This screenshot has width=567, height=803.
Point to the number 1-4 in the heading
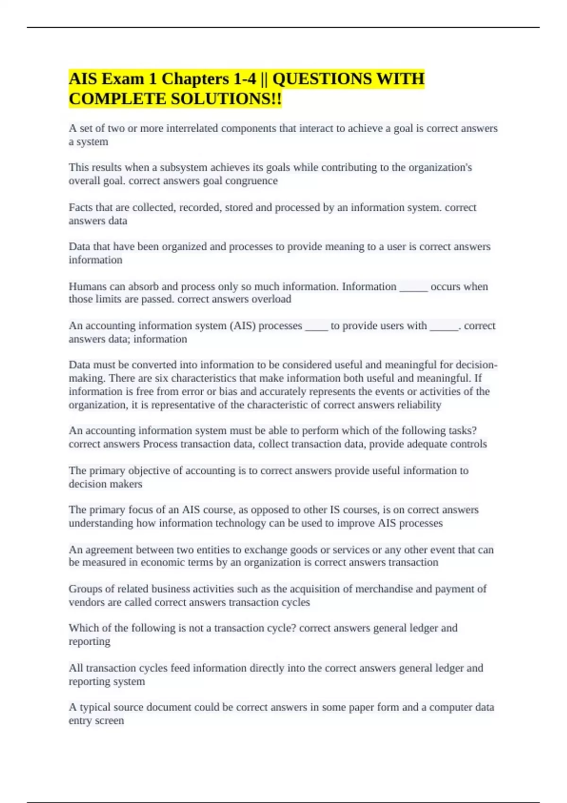[245, 78]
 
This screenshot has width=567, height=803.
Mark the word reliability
[420, 405]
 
